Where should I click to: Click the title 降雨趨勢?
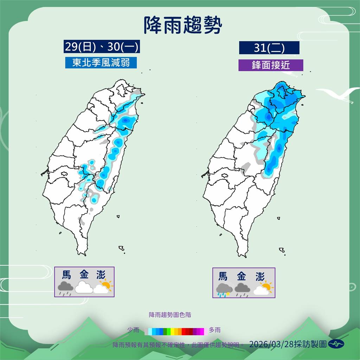183,25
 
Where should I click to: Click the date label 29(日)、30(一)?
102,46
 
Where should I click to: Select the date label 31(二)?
269,48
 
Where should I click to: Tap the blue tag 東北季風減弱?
101,63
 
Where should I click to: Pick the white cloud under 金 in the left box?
83,287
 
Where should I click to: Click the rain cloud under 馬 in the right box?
224,289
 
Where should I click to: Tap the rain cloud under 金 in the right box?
242,289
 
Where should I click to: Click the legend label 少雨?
133,330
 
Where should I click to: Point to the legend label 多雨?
215,330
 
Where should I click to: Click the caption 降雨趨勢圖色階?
170,315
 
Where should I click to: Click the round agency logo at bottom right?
336,344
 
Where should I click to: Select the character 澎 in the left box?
102,275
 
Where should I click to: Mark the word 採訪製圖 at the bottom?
311,344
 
